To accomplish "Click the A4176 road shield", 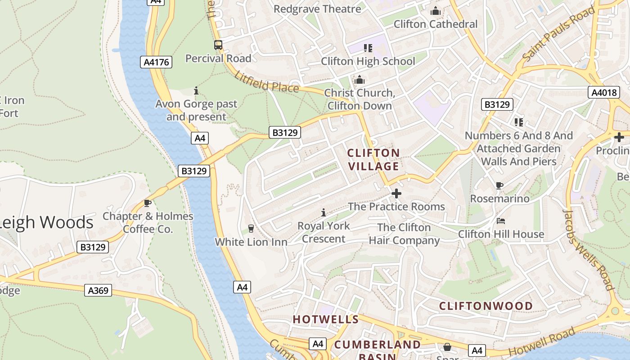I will (157, 62).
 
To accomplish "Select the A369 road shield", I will (98, 290).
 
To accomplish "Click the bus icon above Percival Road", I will (218, 45).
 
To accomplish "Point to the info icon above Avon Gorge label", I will (196, 90).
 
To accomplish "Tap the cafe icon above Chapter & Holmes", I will (147, 203).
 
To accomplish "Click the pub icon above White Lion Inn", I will (251, 229).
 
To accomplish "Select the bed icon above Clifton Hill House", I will (500, 221).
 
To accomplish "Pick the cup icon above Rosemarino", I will (499, 185).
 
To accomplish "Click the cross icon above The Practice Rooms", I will (396, 193).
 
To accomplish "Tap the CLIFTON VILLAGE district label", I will (373, 160).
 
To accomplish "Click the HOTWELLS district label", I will (326, 319).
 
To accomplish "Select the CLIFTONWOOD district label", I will (486, 306).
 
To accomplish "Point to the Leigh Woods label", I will (46, 222).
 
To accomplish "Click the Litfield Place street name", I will (266, 82).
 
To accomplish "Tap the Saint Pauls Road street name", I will (558, 35).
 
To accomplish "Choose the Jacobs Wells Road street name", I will (589, 250).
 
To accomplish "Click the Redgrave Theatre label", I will (317, 9).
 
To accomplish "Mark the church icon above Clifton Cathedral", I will (436, 11).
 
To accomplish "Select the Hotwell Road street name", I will (542, 342).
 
